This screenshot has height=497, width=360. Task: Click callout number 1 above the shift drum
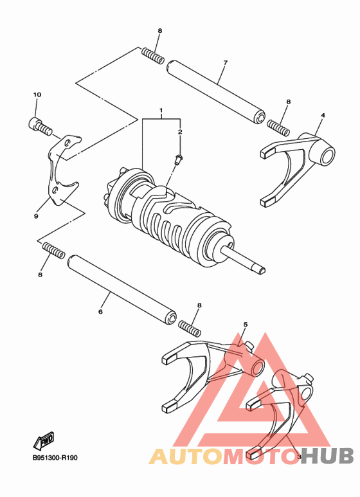point(161,111)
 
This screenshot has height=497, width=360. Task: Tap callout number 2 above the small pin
point(180,132)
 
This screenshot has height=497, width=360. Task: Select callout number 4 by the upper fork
point(322,116)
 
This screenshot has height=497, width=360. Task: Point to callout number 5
point(245,325)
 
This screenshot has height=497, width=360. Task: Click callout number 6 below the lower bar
point(100,312)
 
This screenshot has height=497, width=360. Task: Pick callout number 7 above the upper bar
point(225,62)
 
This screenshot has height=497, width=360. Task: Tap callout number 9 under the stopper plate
point(36,217)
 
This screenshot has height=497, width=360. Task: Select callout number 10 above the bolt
point(37,95)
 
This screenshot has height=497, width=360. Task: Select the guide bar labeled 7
point(216,91)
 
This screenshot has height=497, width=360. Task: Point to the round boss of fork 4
point(325,155)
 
